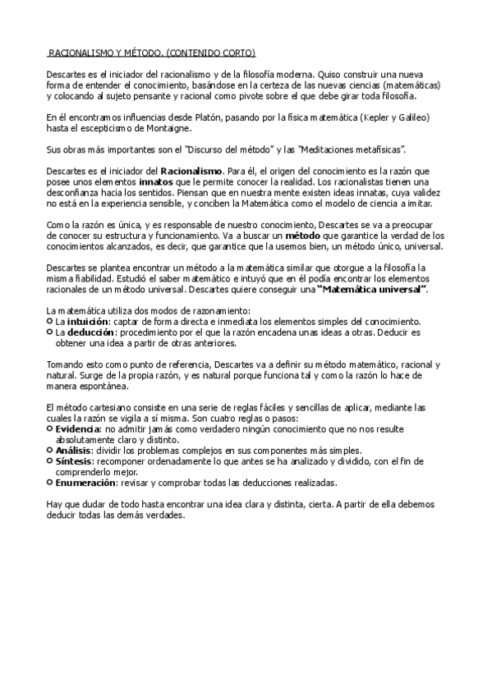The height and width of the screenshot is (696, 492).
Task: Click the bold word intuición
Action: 87,322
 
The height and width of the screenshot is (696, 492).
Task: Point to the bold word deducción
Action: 90,332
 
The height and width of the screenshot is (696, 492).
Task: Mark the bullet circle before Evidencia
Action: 50,428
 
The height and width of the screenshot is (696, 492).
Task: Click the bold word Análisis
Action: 72,451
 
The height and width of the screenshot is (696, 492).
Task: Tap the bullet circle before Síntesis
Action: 50,461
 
